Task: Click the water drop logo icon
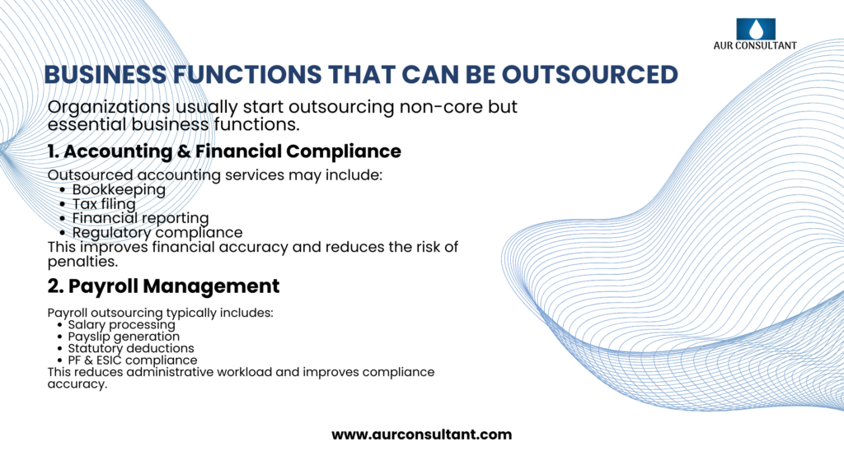756,29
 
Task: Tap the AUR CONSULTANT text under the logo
755,46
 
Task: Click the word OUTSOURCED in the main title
590,75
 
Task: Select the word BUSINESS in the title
105,75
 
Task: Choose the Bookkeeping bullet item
119,190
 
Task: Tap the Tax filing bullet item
104,204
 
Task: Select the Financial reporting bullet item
140,218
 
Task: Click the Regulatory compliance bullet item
157,233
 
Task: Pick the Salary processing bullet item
122,324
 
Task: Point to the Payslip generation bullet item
124,337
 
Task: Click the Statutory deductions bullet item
131,348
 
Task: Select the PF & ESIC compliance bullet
133,360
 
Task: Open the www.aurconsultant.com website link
421,434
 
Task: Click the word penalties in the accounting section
82,262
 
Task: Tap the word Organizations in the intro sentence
109,108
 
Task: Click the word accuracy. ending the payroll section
77,384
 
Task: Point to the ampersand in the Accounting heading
184,151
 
